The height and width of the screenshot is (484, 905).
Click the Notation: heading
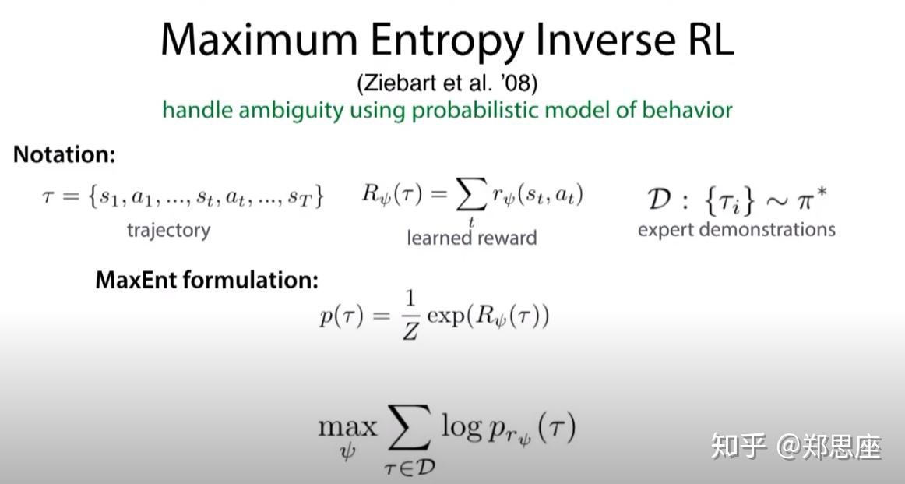pyautogui.click(x=64, y=154)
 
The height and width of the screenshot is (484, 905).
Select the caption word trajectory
pyautogui.click(x=168, y=230)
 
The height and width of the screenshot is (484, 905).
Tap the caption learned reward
pyautogui.click(x=471, y=237)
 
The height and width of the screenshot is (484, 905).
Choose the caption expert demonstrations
pyautogui.click(x=736, y=229)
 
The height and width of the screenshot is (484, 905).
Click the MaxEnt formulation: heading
pyautogui.click(x=206, y=280)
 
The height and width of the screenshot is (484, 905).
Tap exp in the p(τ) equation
pyautogui.click(x=449, y=318)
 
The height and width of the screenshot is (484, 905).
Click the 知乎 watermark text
pyautogui.click(x=735, y=447)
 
